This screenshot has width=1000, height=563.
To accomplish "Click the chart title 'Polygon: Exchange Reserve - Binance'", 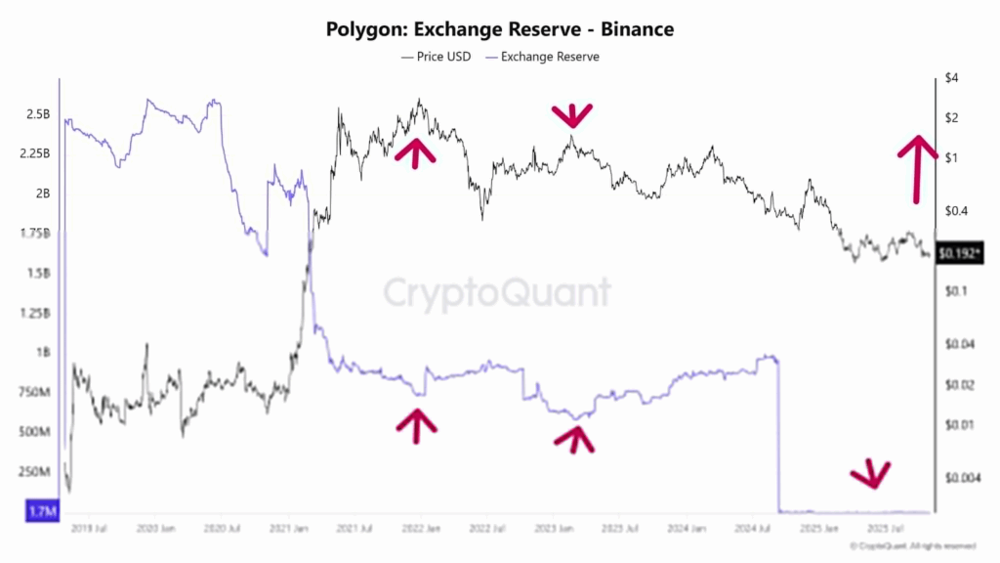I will pos(499,30).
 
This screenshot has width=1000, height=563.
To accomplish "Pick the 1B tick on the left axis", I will pos(42,352).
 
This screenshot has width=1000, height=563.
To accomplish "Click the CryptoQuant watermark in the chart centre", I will pos(496,292).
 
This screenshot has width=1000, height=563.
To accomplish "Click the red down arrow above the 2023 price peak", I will pos(571,115).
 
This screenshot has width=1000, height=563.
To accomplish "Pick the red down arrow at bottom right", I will pos(869,475).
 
